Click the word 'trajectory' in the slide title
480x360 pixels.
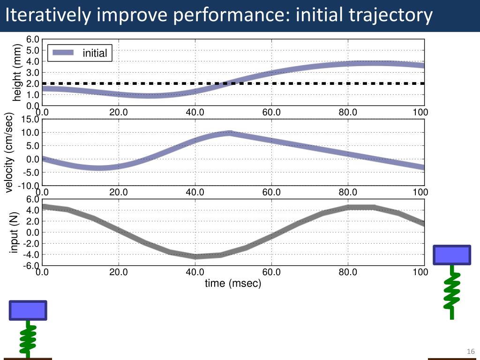click(391, 16)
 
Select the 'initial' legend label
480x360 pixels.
click(95, 53)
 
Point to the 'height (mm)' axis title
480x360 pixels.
click(17, 72)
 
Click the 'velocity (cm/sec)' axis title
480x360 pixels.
click(9, 153)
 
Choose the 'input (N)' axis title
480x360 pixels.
click(14, 232)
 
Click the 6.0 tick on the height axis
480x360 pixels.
click(33, 39)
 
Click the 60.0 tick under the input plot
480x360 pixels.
click(271, 272)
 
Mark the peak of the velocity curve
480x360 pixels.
click(229, 133)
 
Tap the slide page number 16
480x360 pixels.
click(471, 352)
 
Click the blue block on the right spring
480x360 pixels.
click(451, 255)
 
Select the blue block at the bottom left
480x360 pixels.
click(28, 310)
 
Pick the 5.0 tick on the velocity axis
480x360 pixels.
click(33, 146)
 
